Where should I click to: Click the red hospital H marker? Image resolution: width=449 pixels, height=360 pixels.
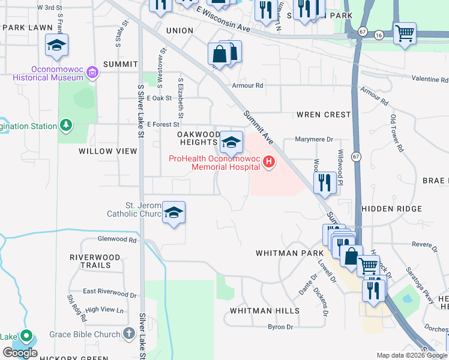[269, 161]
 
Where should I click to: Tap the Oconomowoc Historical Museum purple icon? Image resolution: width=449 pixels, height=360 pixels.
[92, 73]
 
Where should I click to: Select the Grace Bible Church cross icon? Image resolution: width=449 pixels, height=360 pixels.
[128, 332]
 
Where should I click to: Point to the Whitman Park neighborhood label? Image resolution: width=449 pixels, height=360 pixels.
[285, 253]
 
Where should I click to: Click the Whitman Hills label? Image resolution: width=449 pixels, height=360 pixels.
[265, 311]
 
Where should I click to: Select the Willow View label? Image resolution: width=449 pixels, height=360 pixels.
[108, 152]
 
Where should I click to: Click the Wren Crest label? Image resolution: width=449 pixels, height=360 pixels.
[323, 115]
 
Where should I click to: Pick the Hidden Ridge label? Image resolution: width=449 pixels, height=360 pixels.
[391, 209]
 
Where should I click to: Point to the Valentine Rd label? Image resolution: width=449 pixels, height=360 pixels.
[430, 79]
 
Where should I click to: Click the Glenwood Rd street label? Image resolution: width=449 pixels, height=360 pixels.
[117, 239]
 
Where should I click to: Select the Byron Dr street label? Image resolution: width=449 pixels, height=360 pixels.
[280, 327]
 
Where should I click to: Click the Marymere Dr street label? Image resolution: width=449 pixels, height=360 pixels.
[314, 139]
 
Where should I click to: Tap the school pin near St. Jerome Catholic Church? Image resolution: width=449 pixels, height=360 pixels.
[174, 212]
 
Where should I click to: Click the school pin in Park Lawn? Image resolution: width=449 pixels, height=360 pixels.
[56, 46]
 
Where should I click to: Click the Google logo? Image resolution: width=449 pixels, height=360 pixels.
[20, 353]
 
